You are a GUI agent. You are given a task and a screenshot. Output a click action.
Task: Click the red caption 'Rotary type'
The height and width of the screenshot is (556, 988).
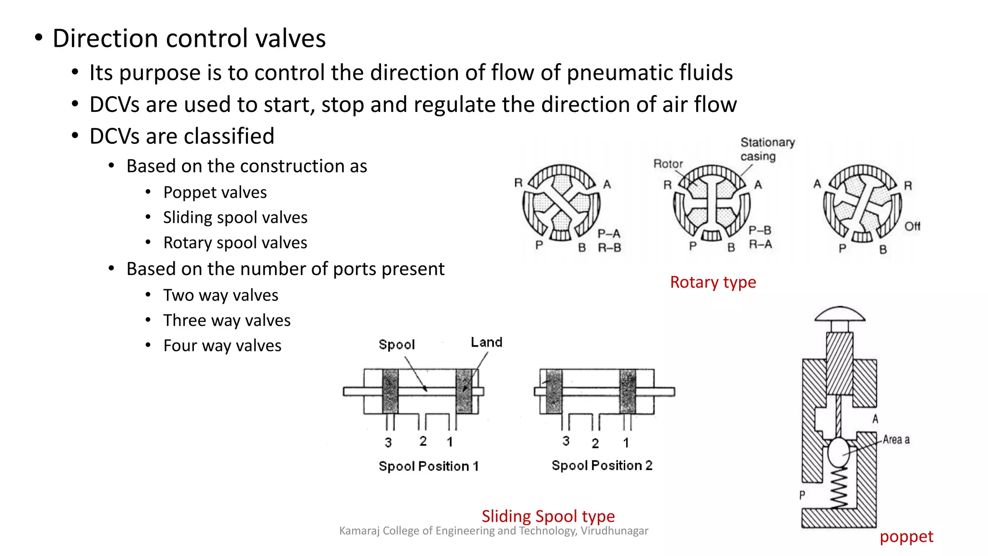[713, 282]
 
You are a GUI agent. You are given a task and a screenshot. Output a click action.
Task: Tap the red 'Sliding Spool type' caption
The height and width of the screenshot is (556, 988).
[548, 516]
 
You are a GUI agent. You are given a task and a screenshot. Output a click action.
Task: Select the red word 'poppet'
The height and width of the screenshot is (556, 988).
[906, 537]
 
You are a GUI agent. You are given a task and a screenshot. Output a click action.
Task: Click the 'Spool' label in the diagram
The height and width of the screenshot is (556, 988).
[397, 345]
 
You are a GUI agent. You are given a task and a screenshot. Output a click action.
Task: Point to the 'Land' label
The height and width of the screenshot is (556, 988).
[486, 343]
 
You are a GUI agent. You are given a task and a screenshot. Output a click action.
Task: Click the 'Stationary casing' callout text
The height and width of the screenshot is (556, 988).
[767, 149]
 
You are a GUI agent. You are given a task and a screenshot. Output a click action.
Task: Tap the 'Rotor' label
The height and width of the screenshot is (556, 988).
[668, 164]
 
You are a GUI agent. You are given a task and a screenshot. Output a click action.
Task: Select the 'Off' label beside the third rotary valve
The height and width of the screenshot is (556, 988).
[912, 226]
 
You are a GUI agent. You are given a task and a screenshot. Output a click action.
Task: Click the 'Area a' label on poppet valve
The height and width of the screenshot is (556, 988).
[896, 440]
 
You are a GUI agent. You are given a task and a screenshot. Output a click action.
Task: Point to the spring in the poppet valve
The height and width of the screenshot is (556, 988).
[838, 487]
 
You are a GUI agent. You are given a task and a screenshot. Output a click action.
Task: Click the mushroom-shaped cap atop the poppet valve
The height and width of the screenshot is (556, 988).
[839, 315]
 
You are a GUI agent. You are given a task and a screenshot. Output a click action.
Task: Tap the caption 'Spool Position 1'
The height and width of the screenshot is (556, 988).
[428, 466]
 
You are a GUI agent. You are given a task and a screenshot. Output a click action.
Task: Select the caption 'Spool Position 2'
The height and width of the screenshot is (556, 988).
[602, 466]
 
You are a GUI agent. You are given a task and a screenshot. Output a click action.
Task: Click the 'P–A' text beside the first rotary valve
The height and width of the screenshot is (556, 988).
[609, 234]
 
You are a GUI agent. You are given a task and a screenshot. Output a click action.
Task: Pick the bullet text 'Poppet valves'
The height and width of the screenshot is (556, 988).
[215, 193]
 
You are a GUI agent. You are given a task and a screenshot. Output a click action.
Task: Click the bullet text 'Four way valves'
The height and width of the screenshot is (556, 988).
[222, 346]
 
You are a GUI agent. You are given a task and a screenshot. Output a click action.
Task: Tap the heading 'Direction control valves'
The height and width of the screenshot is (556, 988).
[189, 39]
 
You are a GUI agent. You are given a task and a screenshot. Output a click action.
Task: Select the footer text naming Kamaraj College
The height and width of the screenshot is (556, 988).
[494, 531]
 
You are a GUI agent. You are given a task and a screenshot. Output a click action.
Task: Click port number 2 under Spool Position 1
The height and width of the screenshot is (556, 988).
[423, 441]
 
